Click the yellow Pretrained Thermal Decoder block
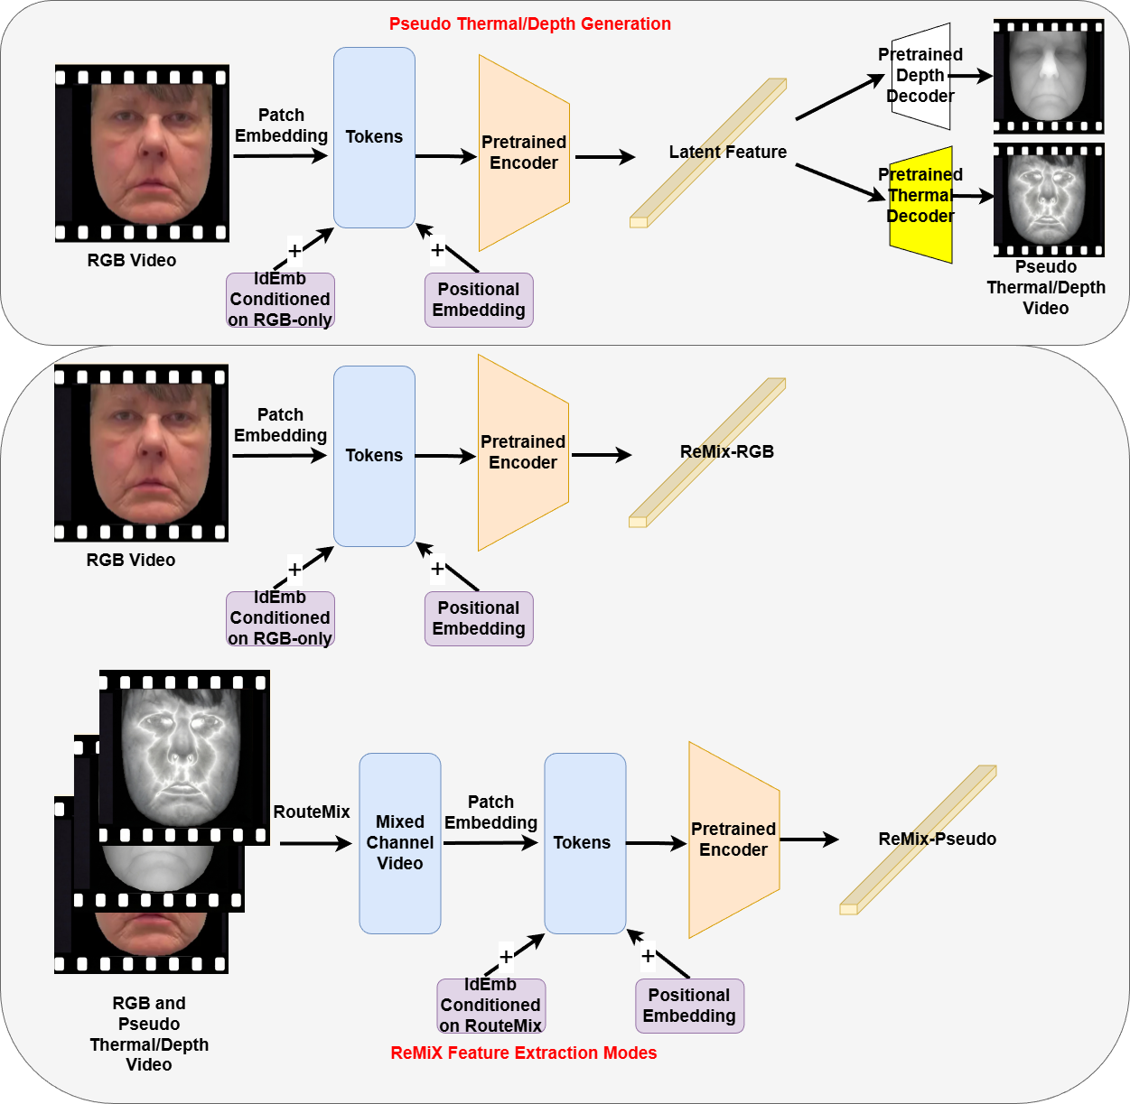coord(921,204)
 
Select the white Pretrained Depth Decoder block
coord(921,76)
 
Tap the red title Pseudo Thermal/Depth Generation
coord(529,23)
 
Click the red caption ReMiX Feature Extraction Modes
coord(523,1053)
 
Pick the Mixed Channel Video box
coord(399,843)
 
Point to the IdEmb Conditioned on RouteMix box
coord(490,1006)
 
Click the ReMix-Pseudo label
coord(938,839)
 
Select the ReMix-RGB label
coord(727,451)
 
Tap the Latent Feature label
coord(728,152)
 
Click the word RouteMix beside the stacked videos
coord(312,812)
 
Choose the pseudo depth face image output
coord(1049,77)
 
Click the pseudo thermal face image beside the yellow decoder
coord(1049,200)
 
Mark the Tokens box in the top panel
coord(374,137)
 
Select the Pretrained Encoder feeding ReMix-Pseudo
coord(734,840)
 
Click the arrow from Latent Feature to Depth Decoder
coord(840,97)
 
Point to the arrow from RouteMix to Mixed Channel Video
coord(316,843)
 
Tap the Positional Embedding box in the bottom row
coord(689,1006)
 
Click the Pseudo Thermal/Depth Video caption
coord(1046,287)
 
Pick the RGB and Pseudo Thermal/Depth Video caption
coord(149,1034)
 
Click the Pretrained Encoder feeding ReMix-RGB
coord(523,453)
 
